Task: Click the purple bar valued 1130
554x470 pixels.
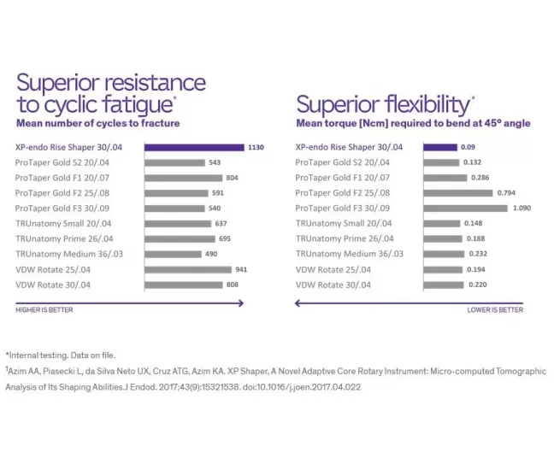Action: (194, 147)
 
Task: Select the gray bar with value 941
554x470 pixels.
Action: (188, 270)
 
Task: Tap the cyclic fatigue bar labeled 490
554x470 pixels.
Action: (173, 255)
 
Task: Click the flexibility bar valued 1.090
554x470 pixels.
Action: (465, 209)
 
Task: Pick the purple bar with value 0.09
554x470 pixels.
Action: (440, 147)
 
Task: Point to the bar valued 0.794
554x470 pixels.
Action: (458, 193)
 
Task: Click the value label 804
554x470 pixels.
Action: (233, 178)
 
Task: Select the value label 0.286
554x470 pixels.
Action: (480, 178)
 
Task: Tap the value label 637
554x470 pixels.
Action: (221, 224)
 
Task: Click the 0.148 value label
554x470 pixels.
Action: (473, 223)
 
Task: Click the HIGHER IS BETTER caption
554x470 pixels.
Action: (44, 310)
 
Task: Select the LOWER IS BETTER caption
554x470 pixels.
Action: (495, 310)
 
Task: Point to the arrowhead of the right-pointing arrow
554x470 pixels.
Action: (242, 303)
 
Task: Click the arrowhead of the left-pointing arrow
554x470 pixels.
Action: (298, 303)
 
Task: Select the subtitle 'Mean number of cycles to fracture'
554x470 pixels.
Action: (97, 123)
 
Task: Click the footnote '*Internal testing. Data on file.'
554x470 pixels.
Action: (61, 355)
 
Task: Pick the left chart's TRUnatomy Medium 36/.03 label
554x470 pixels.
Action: (69, 255)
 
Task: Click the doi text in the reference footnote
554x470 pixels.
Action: (302, 387)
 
